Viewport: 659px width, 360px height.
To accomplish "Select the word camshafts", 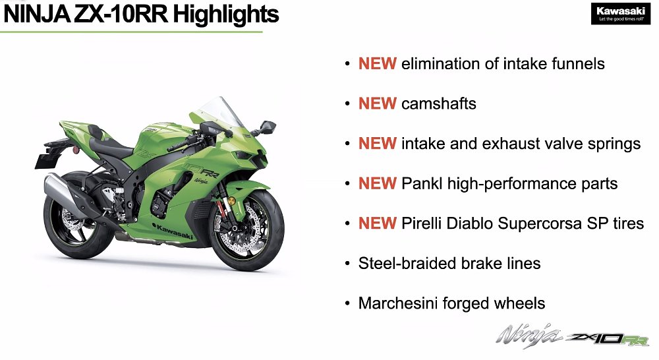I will [x=438, y=104].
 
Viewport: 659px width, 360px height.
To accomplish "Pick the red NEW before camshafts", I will [x=377, y=104].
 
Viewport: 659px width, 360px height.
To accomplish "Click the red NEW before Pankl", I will [x=377, y=183].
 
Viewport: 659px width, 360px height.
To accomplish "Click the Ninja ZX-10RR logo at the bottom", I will [x=573, y=336].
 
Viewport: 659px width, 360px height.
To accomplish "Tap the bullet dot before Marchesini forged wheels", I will [x=347, y=304].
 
